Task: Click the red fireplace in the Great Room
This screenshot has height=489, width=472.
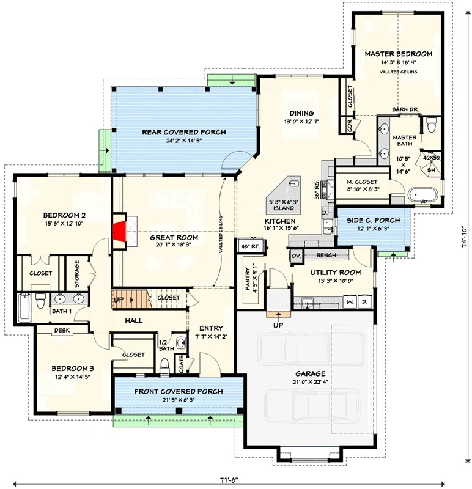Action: click(x=119, y=231)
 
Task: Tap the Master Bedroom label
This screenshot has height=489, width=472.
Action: click(x=398, y=54)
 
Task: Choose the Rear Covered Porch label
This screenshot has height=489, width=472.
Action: click(x=184, y=132)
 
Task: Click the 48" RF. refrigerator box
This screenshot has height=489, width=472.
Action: click(x=251, y=246)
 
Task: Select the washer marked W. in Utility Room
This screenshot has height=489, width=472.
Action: click(x=350, y=302)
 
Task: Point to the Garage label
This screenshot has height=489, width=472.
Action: click(x=310, y=373)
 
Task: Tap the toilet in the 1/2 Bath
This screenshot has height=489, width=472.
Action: click(x=163, y=366)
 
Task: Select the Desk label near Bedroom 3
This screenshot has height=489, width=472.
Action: click(x=61, y=330)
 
